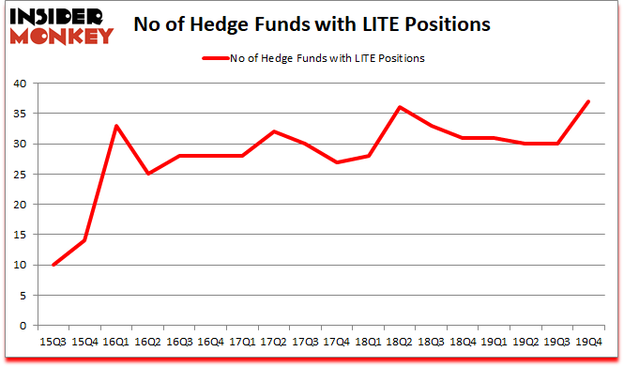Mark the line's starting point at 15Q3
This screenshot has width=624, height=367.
point(53,265)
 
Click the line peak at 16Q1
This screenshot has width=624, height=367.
point(117,126)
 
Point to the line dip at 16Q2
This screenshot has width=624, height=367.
point(148,174)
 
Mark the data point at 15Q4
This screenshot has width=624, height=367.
point(85,240)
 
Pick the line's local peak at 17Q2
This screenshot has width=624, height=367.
point(275,131)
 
